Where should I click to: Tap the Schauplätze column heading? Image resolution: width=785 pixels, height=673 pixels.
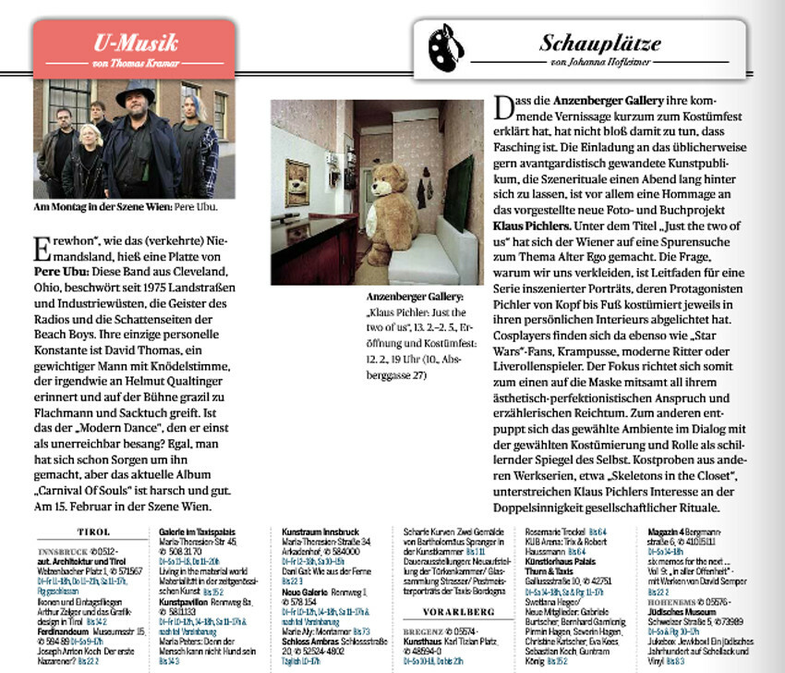[599, 43]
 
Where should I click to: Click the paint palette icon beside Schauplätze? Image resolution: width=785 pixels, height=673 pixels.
[447, 44]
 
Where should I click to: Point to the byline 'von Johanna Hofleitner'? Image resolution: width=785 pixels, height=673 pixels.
[599, 63]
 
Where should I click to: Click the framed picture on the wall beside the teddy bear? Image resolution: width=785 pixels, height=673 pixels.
[297, 181]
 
